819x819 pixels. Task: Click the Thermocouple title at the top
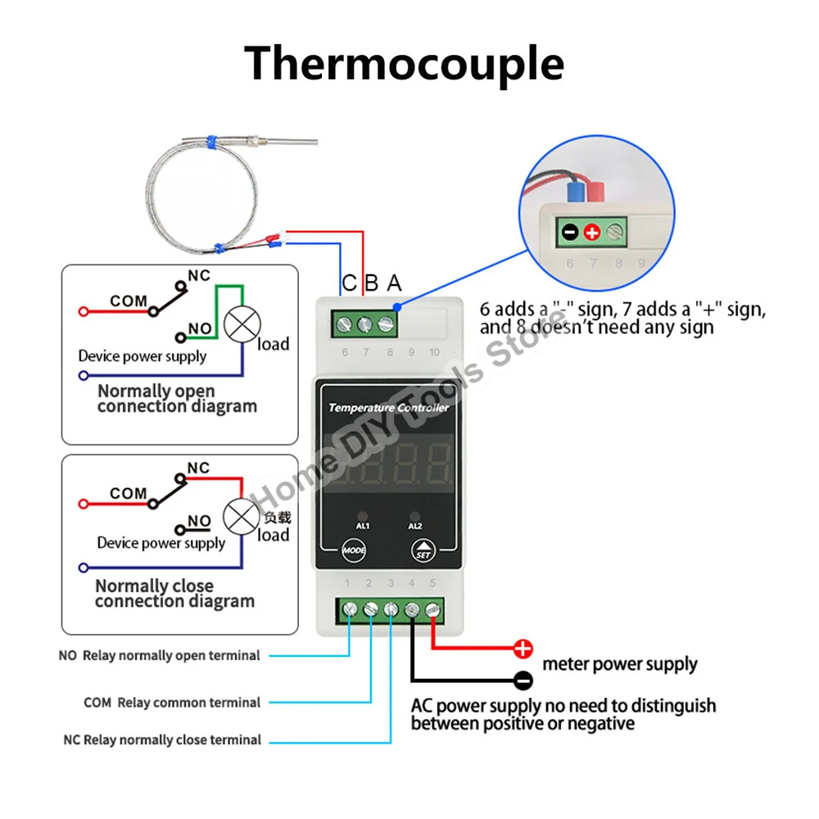[x=404, y=64]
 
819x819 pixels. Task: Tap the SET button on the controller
[x=423, y=550]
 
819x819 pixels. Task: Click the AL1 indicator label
[x=363, y=526]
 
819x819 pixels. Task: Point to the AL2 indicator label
[x=414, y=526]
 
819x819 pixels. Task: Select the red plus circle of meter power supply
[x=523, y=649]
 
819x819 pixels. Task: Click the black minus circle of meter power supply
[x=523, y=680]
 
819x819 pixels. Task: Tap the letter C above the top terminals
[x=349, y=283]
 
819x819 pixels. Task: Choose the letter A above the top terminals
[x=395, y=283]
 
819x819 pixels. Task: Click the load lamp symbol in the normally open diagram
[x=242, y=324]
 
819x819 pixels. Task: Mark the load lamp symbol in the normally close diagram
[x=242, y=517]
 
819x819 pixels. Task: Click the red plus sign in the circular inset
[x=592, y=232]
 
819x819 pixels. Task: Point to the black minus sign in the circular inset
[x=570, y=232]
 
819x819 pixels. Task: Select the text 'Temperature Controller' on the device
[x=388, y=407]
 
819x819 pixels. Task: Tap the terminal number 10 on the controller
[x=434, y=352]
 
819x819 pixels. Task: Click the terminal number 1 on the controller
[x=347, y=583]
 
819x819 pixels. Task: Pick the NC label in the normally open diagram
[x=199, y=276]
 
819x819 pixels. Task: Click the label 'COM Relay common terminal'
[x=172, y=703]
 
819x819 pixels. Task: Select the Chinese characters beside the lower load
[x=278, y=518]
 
